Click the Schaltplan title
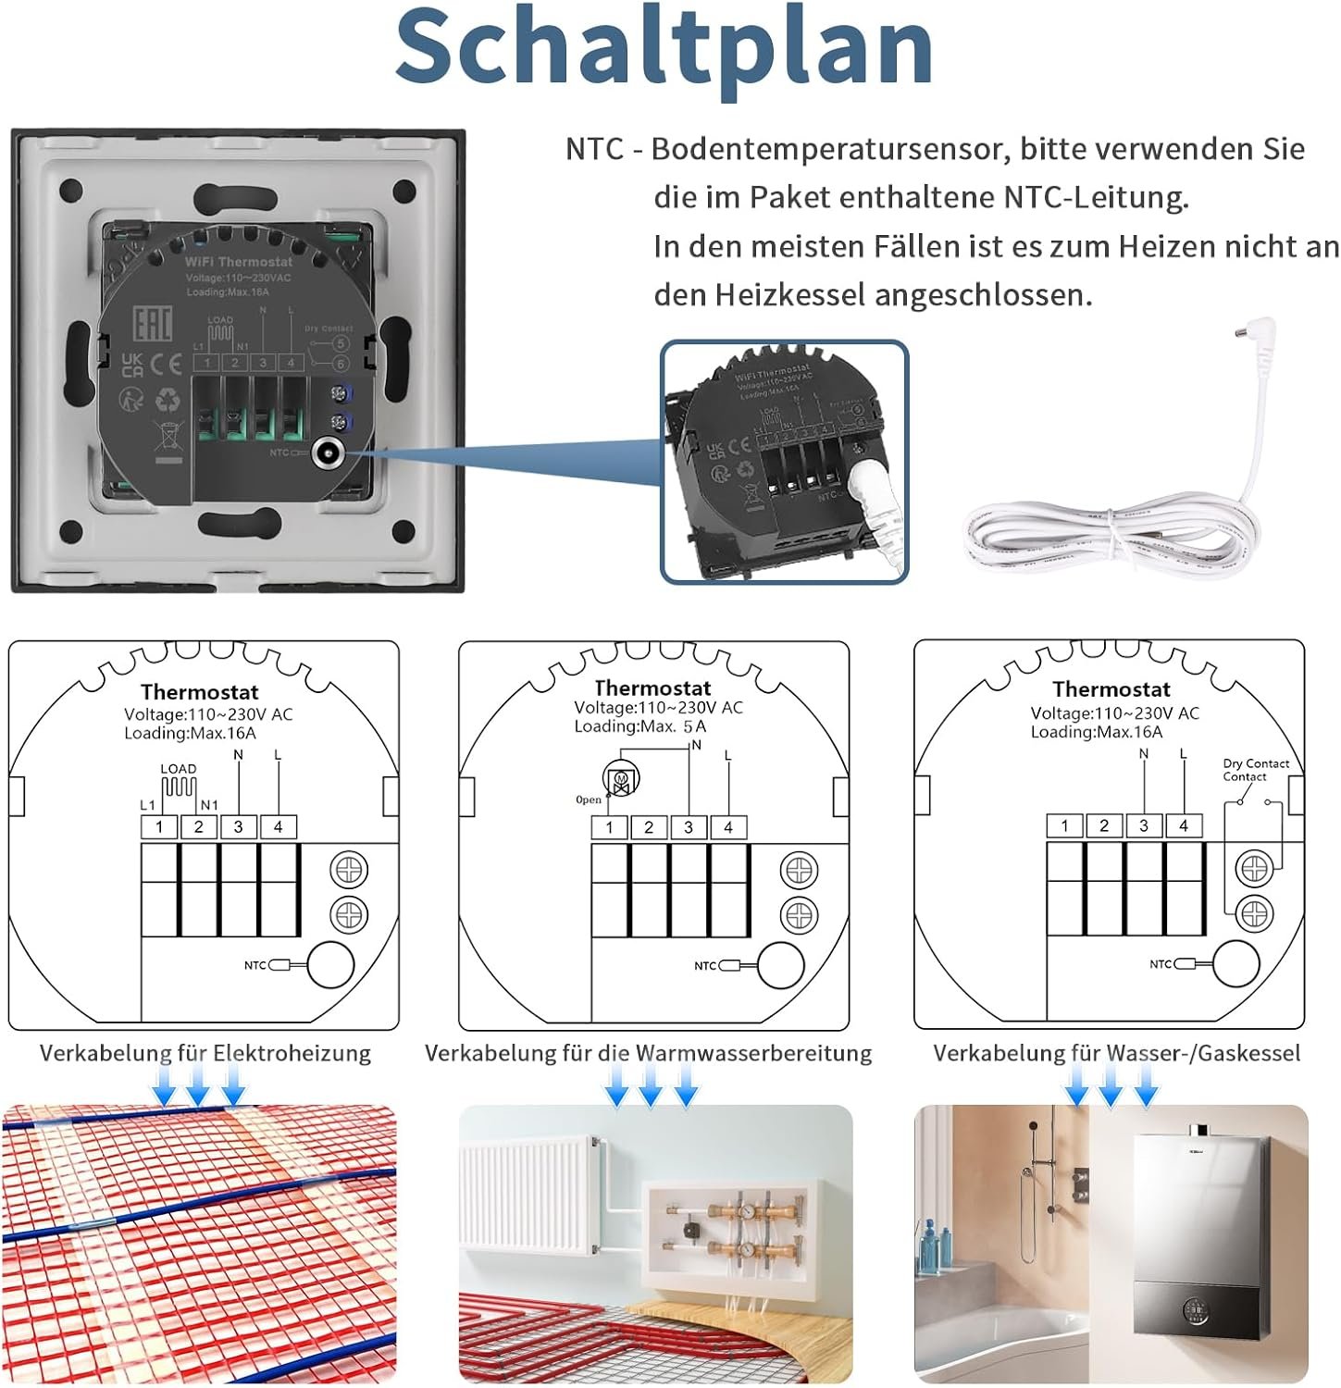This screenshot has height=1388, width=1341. click(664, 46)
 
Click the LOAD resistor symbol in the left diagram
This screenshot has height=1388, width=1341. click(179, 787)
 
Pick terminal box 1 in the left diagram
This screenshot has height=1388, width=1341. click(159, 826)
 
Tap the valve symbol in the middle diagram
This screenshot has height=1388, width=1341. click(620, 778)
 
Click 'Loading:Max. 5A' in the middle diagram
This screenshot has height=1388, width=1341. click(639, 726)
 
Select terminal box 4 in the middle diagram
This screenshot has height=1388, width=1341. click(728, 827)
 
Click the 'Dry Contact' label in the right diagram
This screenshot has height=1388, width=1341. click(1255, 763)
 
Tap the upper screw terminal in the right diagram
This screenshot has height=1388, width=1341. click(1254, 868)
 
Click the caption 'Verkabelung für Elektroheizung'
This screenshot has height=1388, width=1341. click(205, 1053)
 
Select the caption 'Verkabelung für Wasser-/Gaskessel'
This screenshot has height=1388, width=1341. click(1116, 1053)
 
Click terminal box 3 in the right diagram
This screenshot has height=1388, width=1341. click(1144, 825)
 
